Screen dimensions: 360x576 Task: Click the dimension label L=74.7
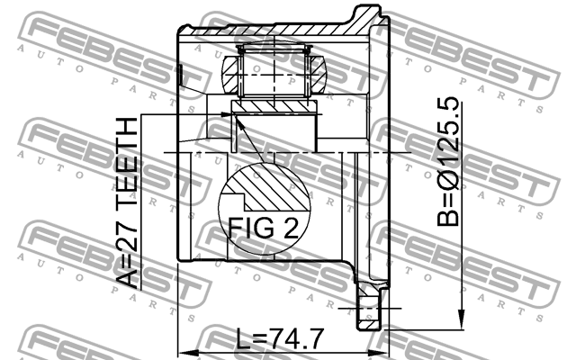coord(278,339)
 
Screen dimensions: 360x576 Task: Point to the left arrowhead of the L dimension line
coord(184,350)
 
